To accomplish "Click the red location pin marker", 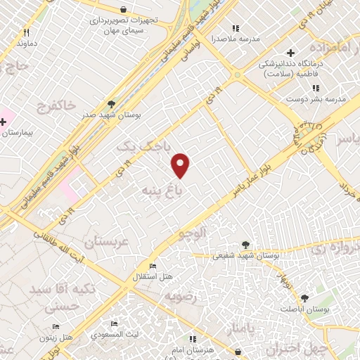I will (x=181, y=165).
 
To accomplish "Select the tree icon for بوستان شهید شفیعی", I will (x=245, y=245).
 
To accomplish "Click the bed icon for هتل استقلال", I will (x=153, y=264).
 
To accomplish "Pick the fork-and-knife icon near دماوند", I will (x=27, y=32).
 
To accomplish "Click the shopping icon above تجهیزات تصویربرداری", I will (x=124, y=10).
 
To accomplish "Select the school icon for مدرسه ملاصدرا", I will (x=236, y=29).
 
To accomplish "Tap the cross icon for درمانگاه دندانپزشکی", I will (x=290, y=53).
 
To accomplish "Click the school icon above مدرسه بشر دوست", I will (x=316, y=88).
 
